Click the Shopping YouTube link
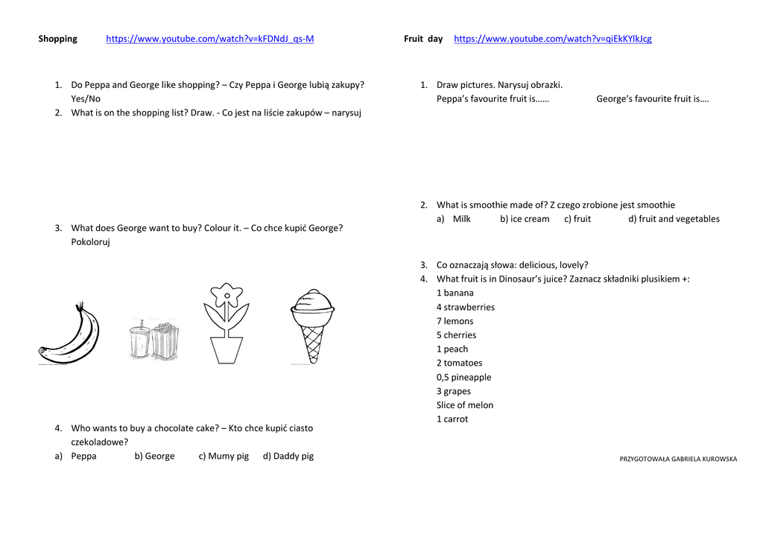[209, 39]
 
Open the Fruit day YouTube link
[552, 39]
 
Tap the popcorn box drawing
[165, 341]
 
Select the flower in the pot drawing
[226, 323]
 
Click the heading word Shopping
[57, 39]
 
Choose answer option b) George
[154, 456]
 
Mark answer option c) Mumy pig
[224, 456]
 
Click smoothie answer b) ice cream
[525, 219]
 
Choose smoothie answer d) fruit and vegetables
[674, 219]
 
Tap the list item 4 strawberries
[465, 307]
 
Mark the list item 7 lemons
[455, 321]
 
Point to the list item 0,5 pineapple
[463, 377]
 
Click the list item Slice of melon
[464, 405]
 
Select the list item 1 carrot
[452, 419]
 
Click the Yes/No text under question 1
[86, 98]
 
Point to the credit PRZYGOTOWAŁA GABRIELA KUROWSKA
[678, 459]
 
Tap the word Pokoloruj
[90, 242]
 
